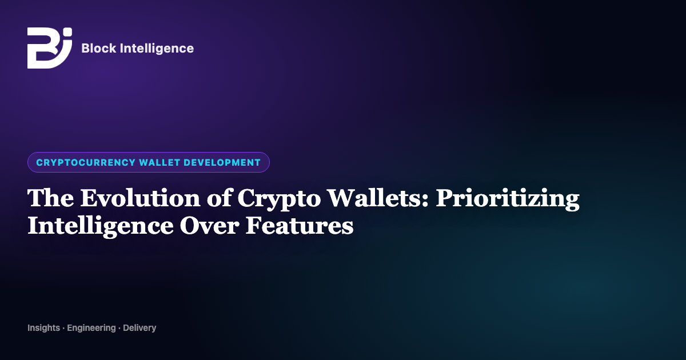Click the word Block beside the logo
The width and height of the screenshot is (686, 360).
[x=98, y=48]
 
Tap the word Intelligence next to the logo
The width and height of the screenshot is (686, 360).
[x=157, y=49]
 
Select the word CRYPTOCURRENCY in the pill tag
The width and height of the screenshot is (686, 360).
[x=86, y=162]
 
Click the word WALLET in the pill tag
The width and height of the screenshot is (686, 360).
[x=159, y=162]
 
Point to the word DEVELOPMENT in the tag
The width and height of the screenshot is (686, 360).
[x=222, y=162]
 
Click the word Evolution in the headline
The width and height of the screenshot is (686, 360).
[x=140, y=198]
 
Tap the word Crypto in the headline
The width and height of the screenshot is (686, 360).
[x=279, y=199]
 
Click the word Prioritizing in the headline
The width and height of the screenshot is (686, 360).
[x=508, y=199]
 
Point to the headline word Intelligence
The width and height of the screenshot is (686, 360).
[x=101, y=226]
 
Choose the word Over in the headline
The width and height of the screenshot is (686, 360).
[x=209, y=226]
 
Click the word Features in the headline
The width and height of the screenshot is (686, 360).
[x=299, y=226]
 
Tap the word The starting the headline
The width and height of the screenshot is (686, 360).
[x=50, y=198]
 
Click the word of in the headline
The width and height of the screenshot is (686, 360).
[x=218, y=198]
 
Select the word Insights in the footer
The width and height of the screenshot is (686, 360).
[x=44, y=328]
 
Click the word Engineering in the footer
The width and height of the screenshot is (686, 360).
[x=91, y=328]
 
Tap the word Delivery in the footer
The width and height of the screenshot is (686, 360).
[x=139, y=328]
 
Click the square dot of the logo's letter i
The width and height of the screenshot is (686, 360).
[x=67, y=32]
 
